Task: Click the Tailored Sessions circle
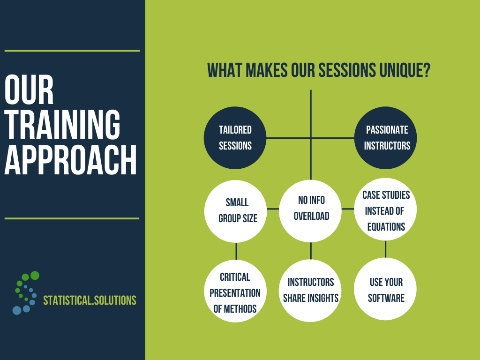coord(235,138)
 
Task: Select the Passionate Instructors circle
coord(385,138)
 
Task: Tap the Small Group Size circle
coord(235,211)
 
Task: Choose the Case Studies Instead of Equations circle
coord(385,210)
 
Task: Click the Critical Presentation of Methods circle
coord(235,291)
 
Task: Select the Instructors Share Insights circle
coord(310,291)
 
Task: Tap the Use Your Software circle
coord(385,289)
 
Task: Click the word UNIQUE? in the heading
coord(405,70)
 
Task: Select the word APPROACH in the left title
coord(70,160)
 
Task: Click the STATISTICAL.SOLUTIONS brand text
coord(90,300)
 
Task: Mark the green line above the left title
coord(72,51)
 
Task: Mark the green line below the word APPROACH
coord(72,218)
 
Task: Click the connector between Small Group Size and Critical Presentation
coord(236,251)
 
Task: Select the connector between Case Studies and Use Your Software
coord(385,249)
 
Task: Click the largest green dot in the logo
coord(35,276)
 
